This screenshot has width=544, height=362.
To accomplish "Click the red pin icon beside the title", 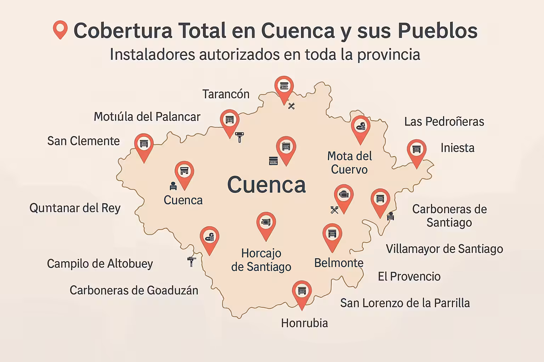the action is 60,29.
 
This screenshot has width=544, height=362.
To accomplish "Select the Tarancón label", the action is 226,94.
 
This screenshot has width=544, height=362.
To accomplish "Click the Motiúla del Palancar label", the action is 147,117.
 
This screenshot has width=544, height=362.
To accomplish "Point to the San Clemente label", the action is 84,141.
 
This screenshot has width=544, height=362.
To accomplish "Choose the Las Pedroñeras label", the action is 444,122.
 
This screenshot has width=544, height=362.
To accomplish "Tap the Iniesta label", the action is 457,148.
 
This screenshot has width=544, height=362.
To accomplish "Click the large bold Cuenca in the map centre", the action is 266,185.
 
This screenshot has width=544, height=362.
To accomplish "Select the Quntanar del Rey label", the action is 75,208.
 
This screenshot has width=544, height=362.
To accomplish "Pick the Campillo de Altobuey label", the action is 100,264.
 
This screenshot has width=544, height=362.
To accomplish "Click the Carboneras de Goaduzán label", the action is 134,290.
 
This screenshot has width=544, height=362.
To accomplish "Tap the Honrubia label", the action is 305,323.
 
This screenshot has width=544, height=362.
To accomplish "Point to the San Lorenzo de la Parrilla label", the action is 405,303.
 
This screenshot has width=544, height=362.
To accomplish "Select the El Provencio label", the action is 409,276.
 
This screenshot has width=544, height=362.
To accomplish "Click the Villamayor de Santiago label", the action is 444,249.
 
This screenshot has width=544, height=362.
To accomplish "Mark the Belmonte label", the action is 339,263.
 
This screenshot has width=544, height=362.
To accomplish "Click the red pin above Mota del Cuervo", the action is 361,128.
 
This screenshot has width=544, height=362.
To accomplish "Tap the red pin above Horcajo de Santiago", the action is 266,224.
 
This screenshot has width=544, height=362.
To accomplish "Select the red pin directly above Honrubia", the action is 302,293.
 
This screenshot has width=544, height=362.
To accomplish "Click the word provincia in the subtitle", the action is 389,55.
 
